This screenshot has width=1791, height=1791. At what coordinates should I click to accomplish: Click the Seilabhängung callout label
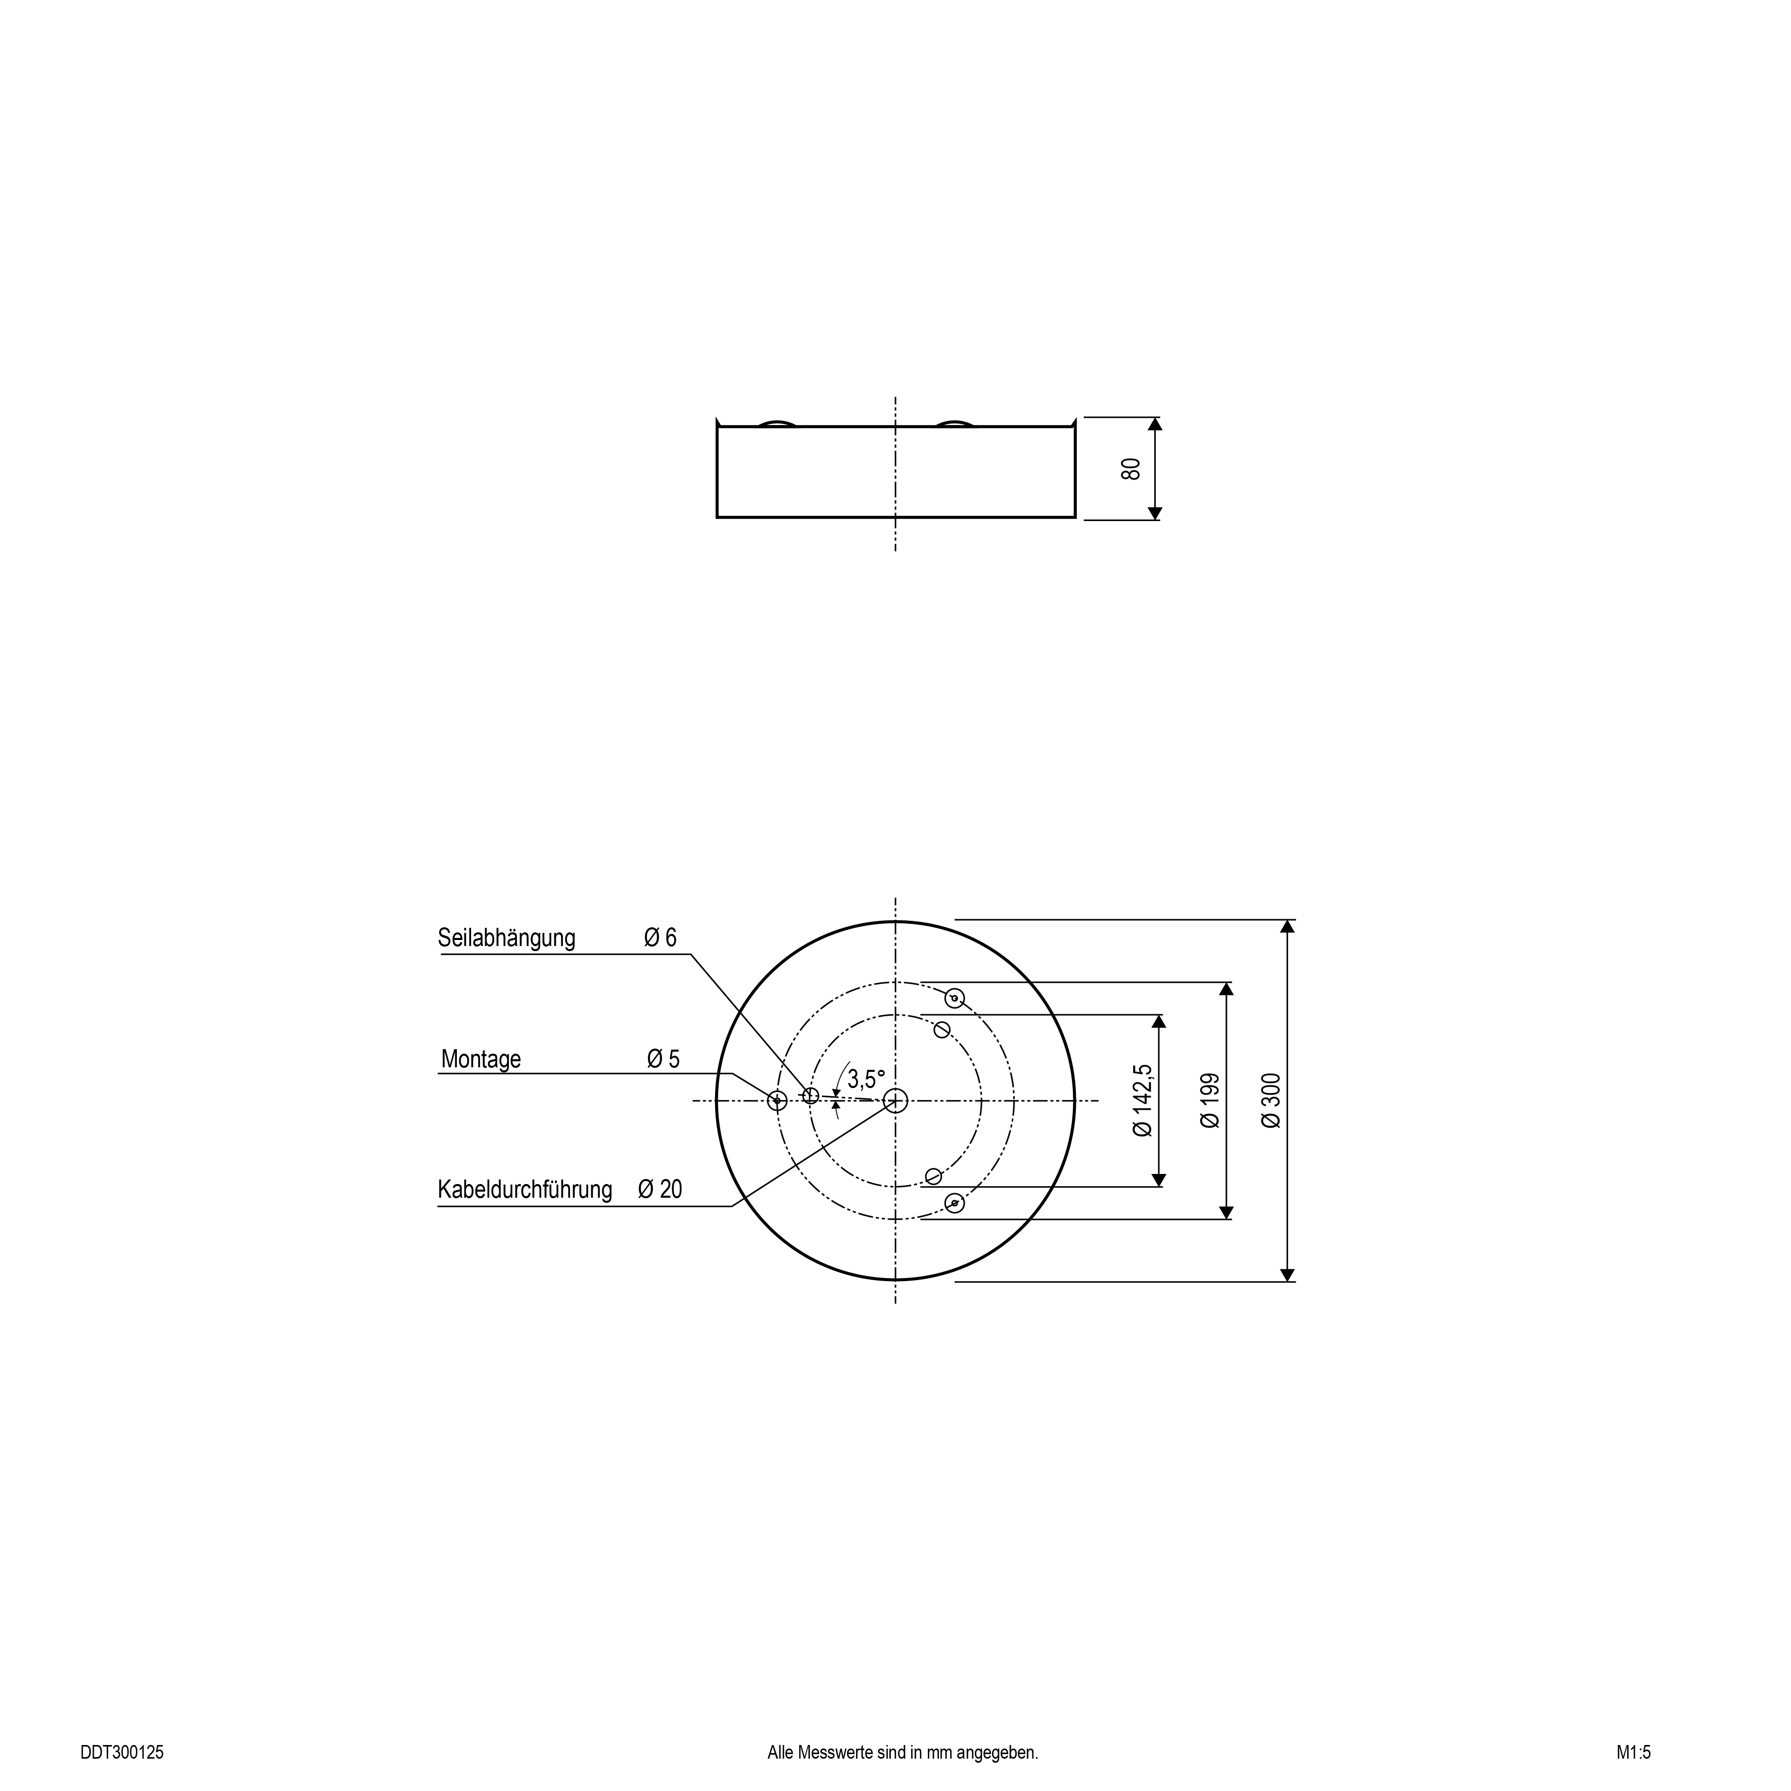(506, 938)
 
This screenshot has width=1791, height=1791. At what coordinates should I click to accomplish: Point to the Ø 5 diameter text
(664, 1059)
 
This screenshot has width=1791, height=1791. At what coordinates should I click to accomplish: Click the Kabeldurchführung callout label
(525, 1189)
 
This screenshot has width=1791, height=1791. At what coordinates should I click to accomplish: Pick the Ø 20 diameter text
(660, 1189)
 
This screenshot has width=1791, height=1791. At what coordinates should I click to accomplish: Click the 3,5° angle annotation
(866, 1079)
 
